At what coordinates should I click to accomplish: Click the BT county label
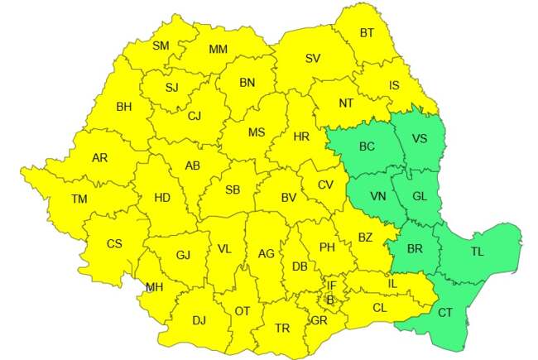click(367, 34)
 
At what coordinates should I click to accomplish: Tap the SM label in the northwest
click(161, 46)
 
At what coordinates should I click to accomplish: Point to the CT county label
click(445, 313)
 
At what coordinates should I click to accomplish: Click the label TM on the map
click(79, 199)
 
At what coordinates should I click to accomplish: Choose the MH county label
click(154, 287)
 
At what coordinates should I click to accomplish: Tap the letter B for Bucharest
click(329, 300)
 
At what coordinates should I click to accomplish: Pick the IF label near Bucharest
click(331, 285)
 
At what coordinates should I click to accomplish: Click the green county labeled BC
click(366, 146)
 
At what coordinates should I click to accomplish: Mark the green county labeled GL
click(420, 197)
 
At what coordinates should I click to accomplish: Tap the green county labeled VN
click(377, 197)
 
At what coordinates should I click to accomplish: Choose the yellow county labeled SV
click(312, 59)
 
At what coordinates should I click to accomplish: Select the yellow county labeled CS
click(114, 243)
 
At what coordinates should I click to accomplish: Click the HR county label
click(300, 135)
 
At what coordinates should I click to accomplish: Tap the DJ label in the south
click(199, 320)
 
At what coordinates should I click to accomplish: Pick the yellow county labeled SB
click(233, 190)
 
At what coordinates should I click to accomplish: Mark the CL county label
click(380, 308)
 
